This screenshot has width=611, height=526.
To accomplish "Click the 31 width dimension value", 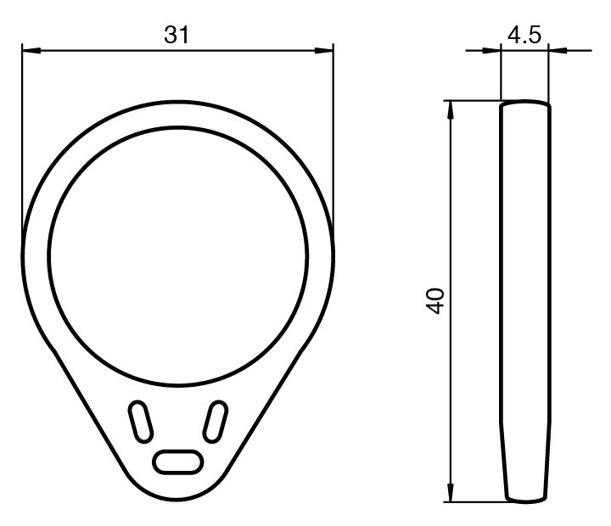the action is pyautogui.click(x=177, y=35).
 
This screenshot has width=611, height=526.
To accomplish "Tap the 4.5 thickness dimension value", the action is pyautogui.click(x=524, y=35).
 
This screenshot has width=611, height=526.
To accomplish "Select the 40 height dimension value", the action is pyautogui.click(x=435, y=301).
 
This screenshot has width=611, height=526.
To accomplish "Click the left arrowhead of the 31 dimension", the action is pyautogui.click(x=31, y=51).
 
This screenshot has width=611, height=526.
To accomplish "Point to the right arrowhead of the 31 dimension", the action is pyautogui.click(x=324, y=51).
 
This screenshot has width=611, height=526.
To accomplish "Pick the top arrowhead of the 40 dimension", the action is pyautogui.click(x=451, y=110).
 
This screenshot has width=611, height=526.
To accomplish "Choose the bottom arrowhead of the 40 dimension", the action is pyautogui.click(x=451, y=493).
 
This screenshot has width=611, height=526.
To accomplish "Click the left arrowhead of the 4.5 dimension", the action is pyautogui.click(x=491, y=50).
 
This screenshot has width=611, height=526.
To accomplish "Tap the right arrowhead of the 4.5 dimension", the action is pyautogui.click(x=558, y=50).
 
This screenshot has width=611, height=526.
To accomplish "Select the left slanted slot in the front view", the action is pyautogui.click(x=141, y=422).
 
